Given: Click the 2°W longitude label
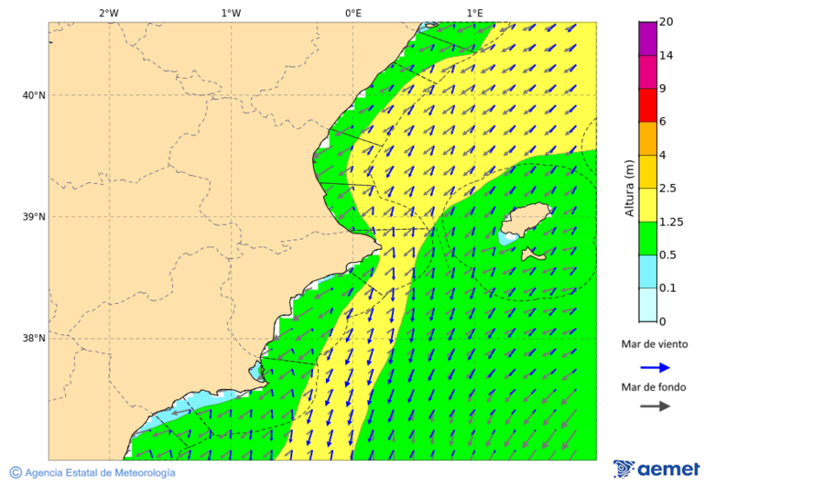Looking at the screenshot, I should [x=108, y=13].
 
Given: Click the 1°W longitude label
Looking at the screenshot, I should [x=231, y=13].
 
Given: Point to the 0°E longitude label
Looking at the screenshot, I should [x=352, y=13].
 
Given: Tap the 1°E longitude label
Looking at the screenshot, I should [x=474, y=13].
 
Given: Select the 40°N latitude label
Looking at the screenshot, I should [x=34, y=95].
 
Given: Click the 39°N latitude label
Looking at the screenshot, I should [x=34, y=217].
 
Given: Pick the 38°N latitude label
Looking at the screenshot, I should [x=34, y=339].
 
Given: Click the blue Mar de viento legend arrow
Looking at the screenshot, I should [x=655, y=367].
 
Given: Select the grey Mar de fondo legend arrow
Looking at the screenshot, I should [x=655, y=406].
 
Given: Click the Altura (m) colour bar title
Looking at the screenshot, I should [x=629, y=188].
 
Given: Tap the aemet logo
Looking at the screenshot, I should [x=656, y=469].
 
